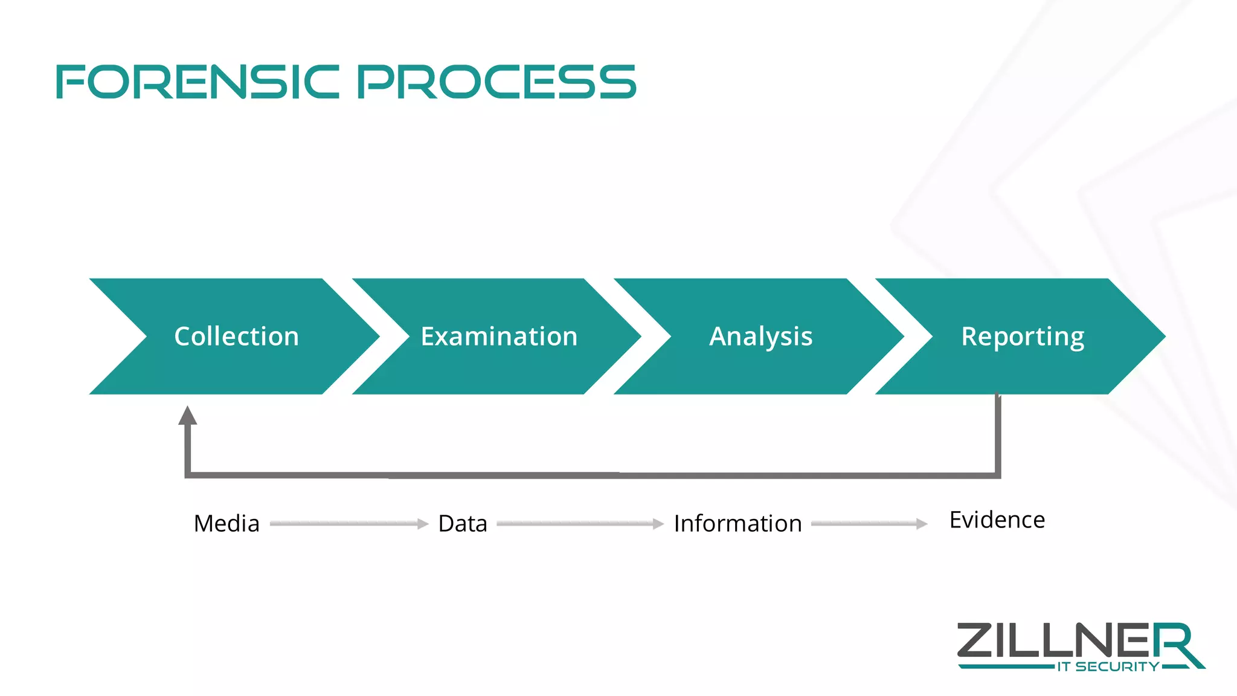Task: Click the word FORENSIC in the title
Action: click(198, 82)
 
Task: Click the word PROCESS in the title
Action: click(496, 82)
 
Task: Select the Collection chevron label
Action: click(236, 337)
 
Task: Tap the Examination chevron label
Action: click(499, 337)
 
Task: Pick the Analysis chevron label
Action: click(760, 337)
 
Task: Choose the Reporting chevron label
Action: click(1023, 337)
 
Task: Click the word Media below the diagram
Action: click(227, 523)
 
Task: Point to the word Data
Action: click(463, 523)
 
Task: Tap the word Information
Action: click(737, 523)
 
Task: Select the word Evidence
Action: click(997, 520)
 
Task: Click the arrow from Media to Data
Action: click(349, 524)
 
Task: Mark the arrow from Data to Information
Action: click(580, 524)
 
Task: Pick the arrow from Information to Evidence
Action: click(869, 524)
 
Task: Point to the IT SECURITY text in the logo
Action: click(1108, 667)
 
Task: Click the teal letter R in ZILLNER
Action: click(1175, 643)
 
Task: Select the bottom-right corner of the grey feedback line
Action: click(998, 475)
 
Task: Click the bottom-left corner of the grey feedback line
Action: click(188, 475)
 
